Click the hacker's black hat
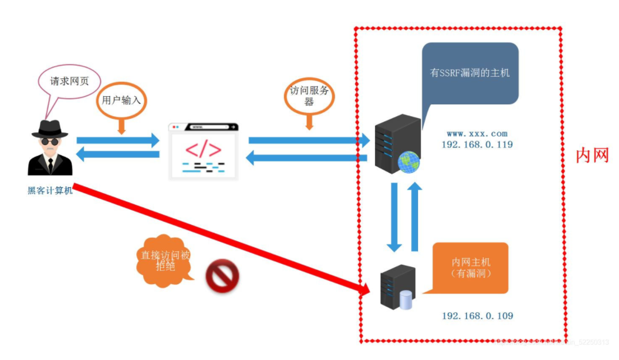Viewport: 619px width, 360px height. (49, 128)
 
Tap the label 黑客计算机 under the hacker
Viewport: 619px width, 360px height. (50, 191)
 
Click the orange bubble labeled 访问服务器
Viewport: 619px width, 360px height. (309, 96)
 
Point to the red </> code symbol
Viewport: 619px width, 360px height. (203, 150)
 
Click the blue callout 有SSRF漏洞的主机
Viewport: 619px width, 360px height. (470, 72)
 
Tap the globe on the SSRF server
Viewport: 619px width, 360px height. (408, 161)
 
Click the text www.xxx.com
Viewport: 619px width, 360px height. (477, 134)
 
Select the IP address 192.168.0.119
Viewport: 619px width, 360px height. (477, 145)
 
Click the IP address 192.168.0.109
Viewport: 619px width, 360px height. (477, 316)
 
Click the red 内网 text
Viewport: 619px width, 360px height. (592, 155)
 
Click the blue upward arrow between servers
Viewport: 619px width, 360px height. (415, 216)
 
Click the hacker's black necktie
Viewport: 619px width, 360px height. (50, 165)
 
